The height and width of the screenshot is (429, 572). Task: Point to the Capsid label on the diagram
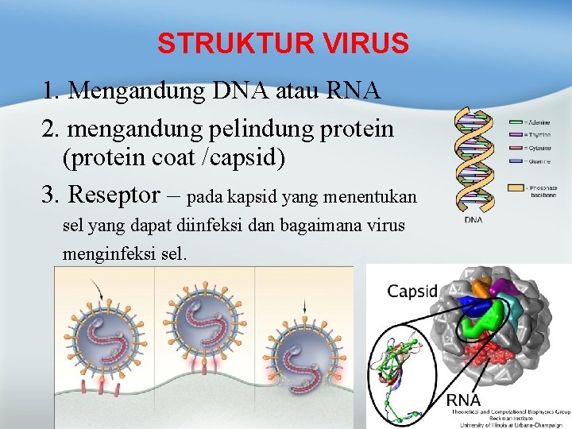(412, 291)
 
